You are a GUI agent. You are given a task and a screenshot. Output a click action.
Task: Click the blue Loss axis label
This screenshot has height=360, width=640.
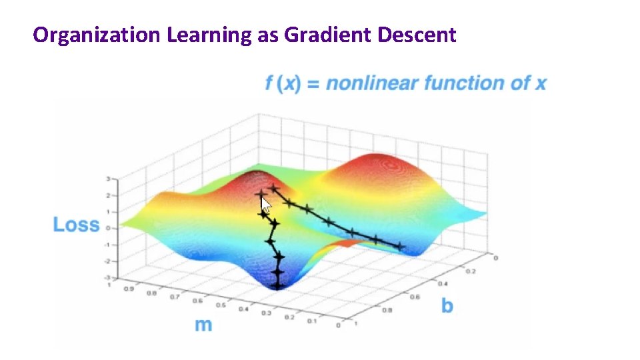click(x=76, y=225)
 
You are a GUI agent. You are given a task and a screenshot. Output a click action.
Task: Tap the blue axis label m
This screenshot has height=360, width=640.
click(x=203, y=325)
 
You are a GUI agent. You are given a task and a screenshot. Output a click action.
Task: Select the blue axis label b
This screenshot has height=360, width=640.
click(x=447, y=305)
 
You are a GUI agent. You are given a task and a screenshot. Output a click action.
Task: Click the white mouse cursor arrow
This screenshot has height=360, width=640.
click(x=265, y=205)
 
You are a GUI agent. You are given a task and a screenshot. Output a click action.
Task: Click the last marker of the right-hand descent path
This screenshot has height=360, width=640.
click(x=400, y=246)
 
